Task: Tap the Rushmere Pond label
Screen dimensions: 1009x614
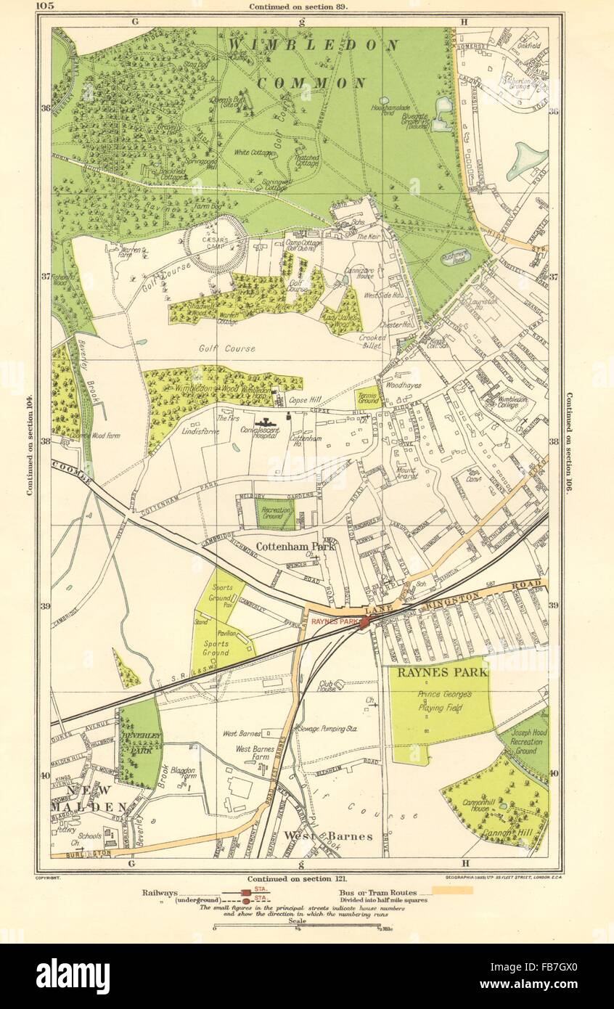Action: tap(456, 255)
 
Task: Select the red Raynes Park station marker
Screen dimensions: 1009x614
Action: tap(364, 624)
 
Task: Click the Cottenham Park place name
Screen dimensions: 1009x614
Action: tap(295, 547)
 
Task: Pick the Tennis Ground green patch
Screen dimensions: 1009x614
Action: tap(368, 398)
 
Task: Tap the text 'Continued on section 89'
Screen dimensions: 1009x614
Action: tap(298, 7)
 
